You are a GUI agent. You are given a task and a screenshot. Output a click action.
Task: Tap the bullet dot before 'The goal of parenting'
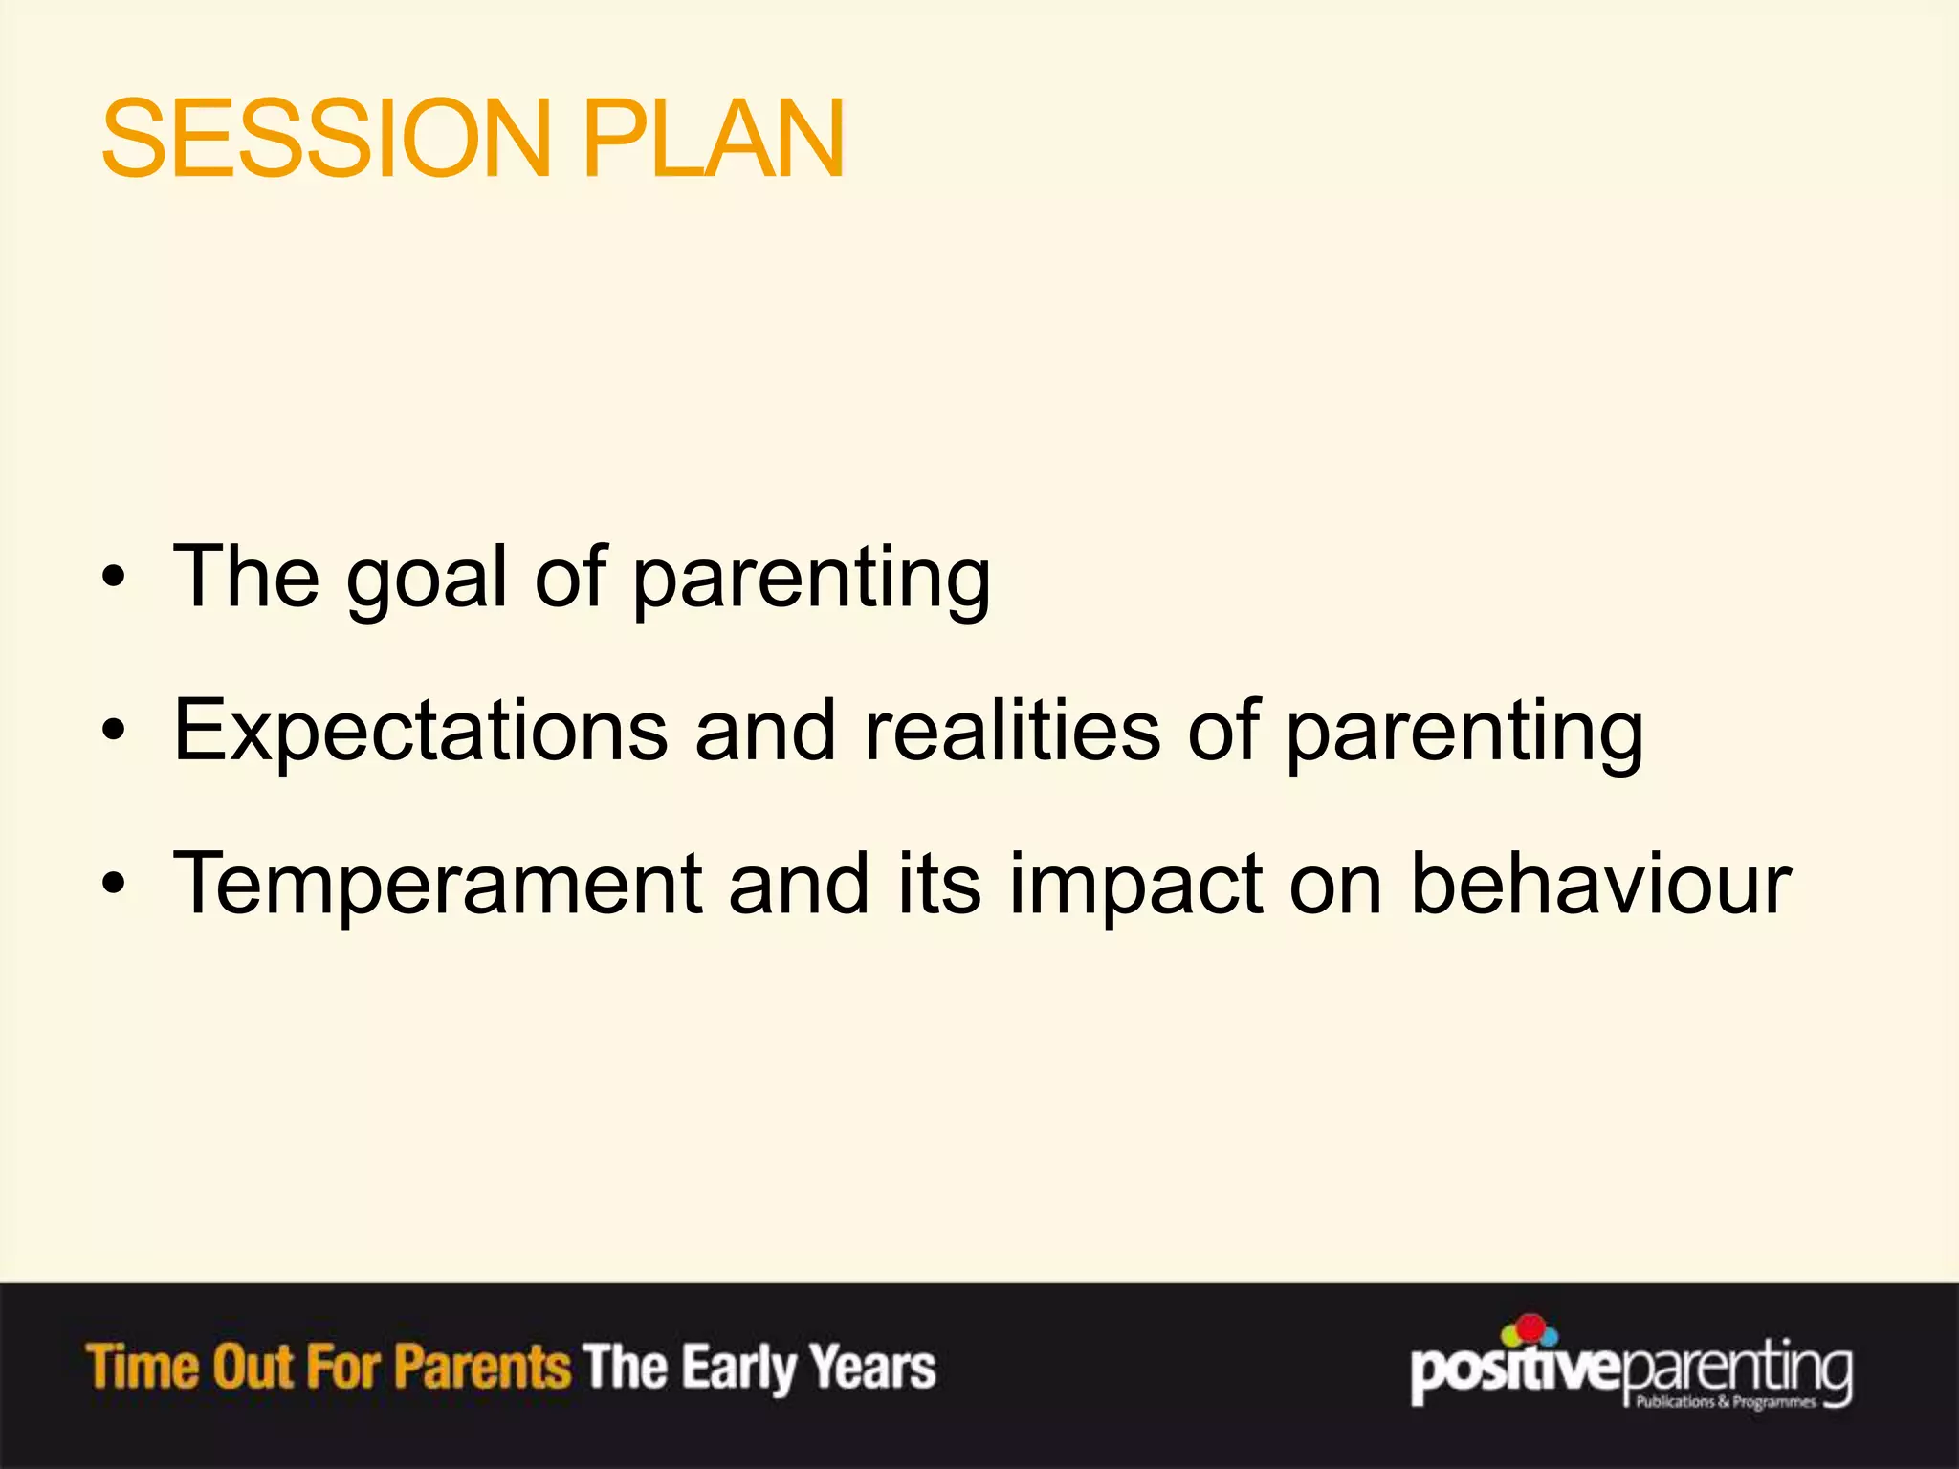(114, 578)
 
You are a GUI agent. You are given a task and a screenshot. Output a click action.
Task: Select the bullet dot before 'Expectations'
(114, 732)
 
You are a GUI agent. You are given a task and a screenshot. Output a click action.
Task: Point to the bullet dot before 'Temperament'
(114, 885)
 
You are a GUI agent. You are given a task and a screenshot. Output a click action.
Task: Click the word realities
(1012, 732)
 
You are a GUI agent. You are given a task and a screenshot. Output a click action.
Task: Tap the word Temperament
(438, 885)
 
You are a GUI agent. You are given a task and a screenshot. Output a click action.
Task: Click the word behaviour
(1600, 885)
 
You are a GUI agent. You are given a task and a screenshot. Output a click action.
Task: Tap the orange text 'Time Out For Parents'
(328, 1367)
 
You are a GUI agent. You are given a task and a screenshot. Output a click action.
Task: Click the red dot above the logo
(1531, 1327)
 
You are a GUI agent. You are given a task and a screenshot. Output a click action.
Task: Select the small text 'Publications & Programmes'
(1726, 1402)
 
